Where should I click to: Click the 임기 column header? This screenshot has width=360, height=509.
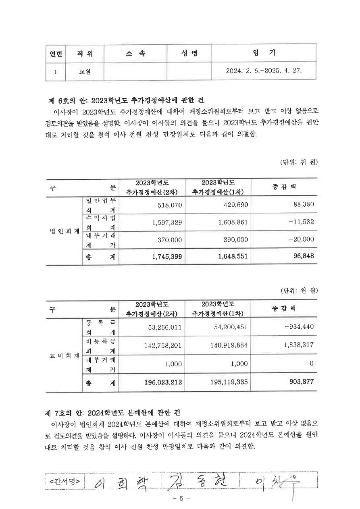[x=264, y=54]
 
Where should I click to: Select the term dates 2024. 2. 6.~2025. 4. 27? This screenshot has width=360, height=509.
[x=264, y=71]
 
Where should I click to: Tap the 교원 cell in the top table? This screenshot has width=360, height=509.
[x=85, y=72]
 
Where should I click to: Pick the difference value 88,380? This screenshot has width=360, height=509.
[x=302, y=205]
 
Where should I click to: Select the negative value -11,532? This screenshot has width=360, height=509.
[x=301, y=222]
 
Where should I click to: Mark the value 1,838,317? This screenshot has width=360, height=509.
[x=298, y=345]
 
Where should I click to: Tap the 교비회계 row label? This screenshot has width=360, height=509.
[x=62, y=356]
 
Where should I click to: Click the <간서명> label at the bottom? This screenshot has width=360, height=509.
[x=65, y=481]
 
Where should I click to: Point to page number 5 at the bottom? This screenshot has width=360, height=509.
[x=181, y=499]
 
